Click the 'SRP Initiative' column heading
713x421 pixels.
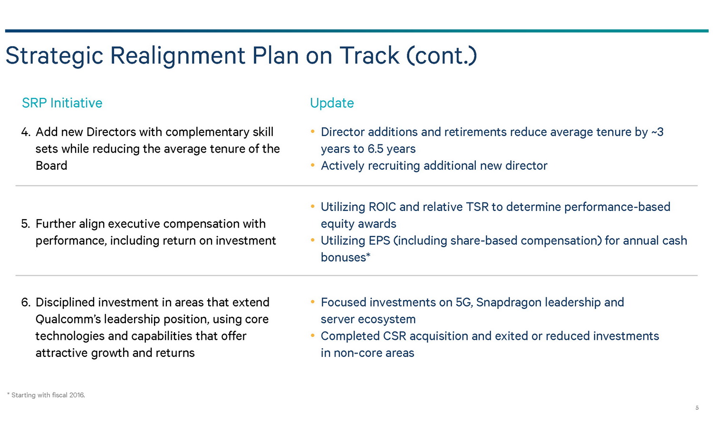[x=62, y=103]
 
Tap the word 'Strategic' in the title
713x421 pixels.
[x=54, y=56]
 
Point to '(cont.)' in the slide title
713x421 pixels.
[x=442, y=56]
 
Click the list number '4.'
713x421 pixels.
[x=26, y=132]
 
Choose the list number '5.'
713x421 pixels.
[x=26, y=224]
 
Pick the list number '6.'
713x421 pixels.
[x=26, y=302]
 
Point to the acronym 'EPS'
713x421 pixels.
[x=379, y=241]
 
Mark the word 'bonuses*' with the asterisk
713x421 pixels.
[x=346, y=258]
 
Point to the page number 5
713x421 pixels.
[x=697, y=408]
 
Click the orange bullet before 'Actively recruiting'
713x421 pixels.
[x=313, y=165]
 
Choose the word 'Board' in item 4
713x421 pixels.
[x=51, y=166]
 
